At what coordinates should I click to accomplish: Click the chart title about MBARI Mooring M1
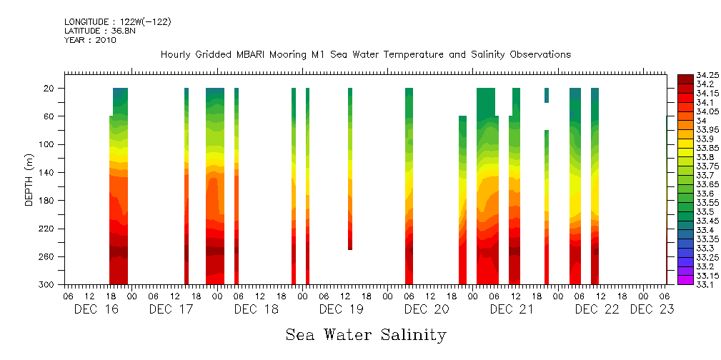(366, 55)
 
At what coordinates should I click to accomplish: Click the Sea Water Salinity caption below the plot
(366, 334)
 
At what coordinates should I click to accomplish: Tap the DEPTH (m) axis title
(29, 182)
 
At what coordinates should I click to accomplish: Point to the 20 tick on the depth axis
(50, 88)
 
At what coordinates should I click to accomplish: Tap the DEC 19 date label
(342, 309)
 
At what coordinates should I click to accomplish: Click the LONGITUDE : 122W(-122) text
(117, 22)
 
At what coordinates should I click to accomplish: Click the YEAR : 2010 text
(90, 40)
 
